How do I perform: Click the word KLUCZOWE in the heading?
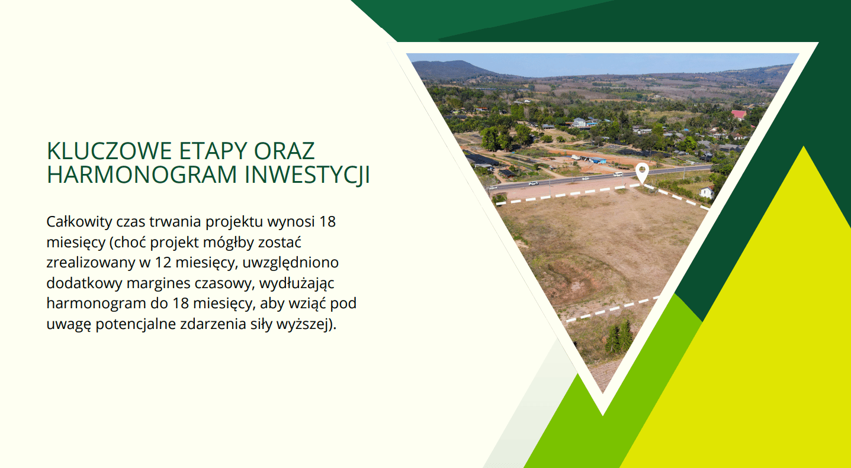click(x=109, y=151)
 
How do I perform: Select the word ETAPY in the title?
click(x=213, y=151)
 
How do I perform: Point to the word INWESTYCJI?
click(x=307, y=175)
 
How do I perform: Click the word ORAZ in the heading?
click(x=284, y=151)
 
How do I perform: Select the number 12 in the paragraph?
click(x=163, y=262)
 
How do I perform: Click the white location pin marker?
click(x=642, y=173)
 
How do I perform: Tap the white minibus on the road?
click(x=618, y=174)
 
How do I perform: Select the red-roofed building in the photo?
click(x=738, y=114)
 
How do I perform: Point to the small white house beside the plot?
click(x=707, y=192)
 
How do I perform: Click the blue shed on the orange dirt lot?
click(x=597, y=160)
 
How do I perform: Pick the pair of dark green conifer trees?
click(x=619, y=337)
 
